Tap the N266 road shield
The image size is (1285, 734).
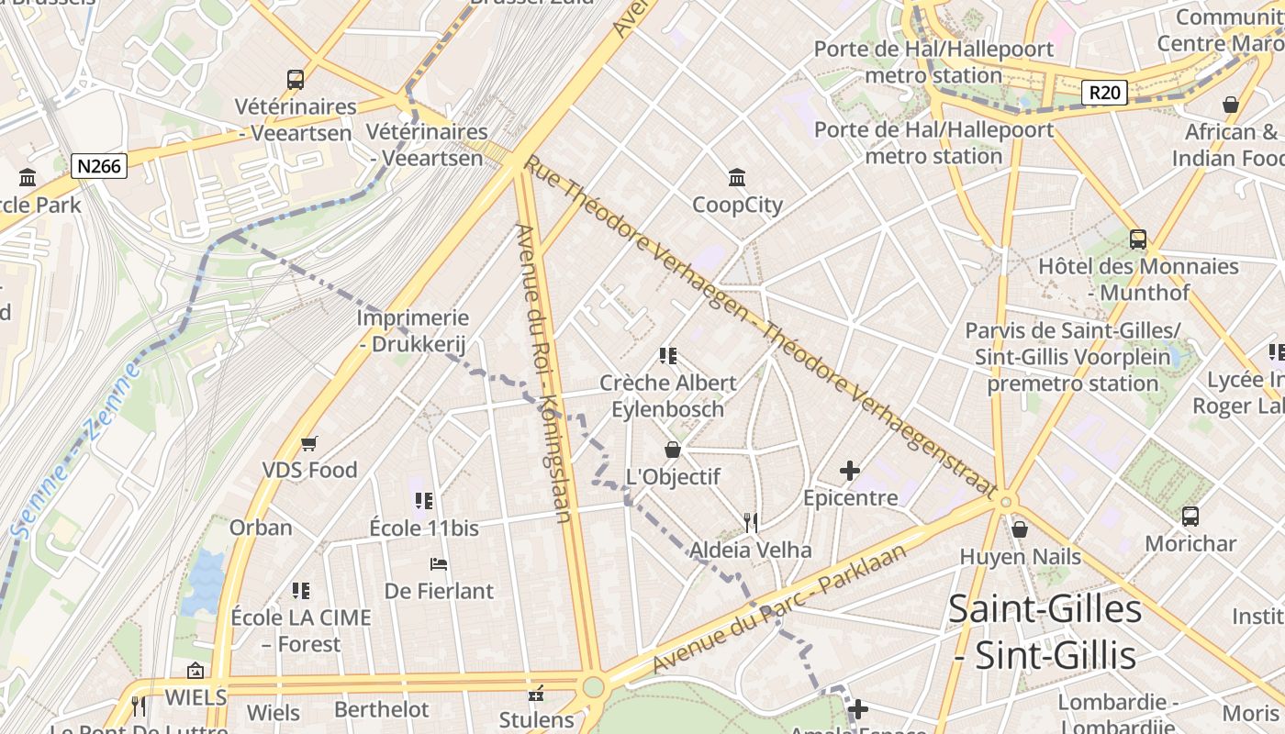click(98, 166)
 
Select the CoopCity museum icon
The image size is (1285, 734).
click(737, 177)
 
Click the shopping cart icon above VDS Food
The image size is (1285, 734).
click(309, 443)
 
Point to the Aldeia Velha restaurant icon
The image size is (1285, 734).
click(751, 523)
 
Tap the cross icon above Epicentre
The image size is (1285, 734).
click(850, 472)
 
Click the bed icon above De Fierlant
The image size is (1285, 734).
click(439, 563)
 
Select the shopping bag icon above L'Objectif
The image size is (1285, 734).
click(673, 450)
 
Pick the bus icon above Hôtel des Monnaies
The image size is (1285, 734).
click(1138, 239)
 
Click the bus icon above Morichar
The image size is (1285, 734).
click(1190, 517)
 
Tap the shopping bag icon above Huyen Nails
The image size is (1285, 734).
click(1019, 529)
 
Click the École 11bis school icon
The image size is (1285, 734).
click(423, 501)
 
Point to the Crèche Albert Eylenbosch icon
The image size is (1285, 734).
click(667, 356)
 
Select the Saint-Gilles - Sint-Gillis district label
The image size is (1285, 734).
click(1045, 631)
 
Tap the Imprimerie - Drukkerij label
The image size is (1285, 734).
click(412, 331)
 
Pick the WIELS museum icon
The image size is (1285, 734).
click(195, 671)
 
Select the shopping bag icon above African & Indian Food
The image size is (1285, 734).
click(1231, 105)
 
